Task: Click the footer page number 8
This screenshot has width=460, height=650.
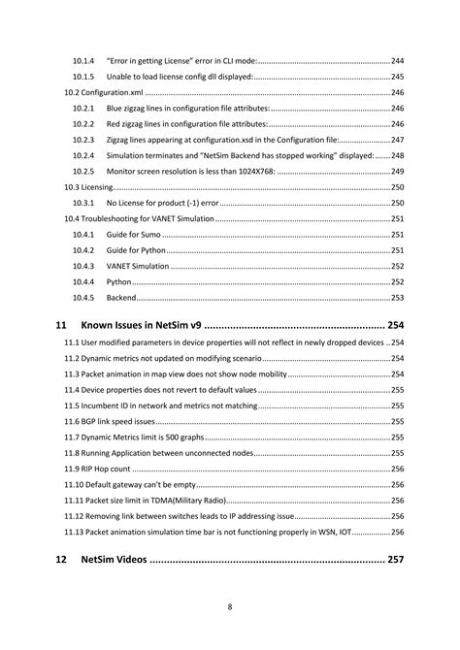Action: click(x=230, y=607)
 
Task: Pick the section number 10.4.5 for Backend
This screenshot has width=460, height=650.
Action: click(x=82, y=297)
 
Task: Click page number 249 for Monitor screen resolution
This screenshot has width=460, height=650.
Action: click(x=397, y=171)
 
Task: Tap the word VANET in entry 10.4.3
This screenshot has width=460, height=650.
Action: click(x=120, y=265)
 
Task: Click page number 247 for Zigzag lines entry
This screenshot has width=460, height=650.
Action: click(x=397, y=139)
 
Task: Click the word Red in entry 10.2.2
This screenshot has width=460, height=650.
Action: click(x=115, y=123)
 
